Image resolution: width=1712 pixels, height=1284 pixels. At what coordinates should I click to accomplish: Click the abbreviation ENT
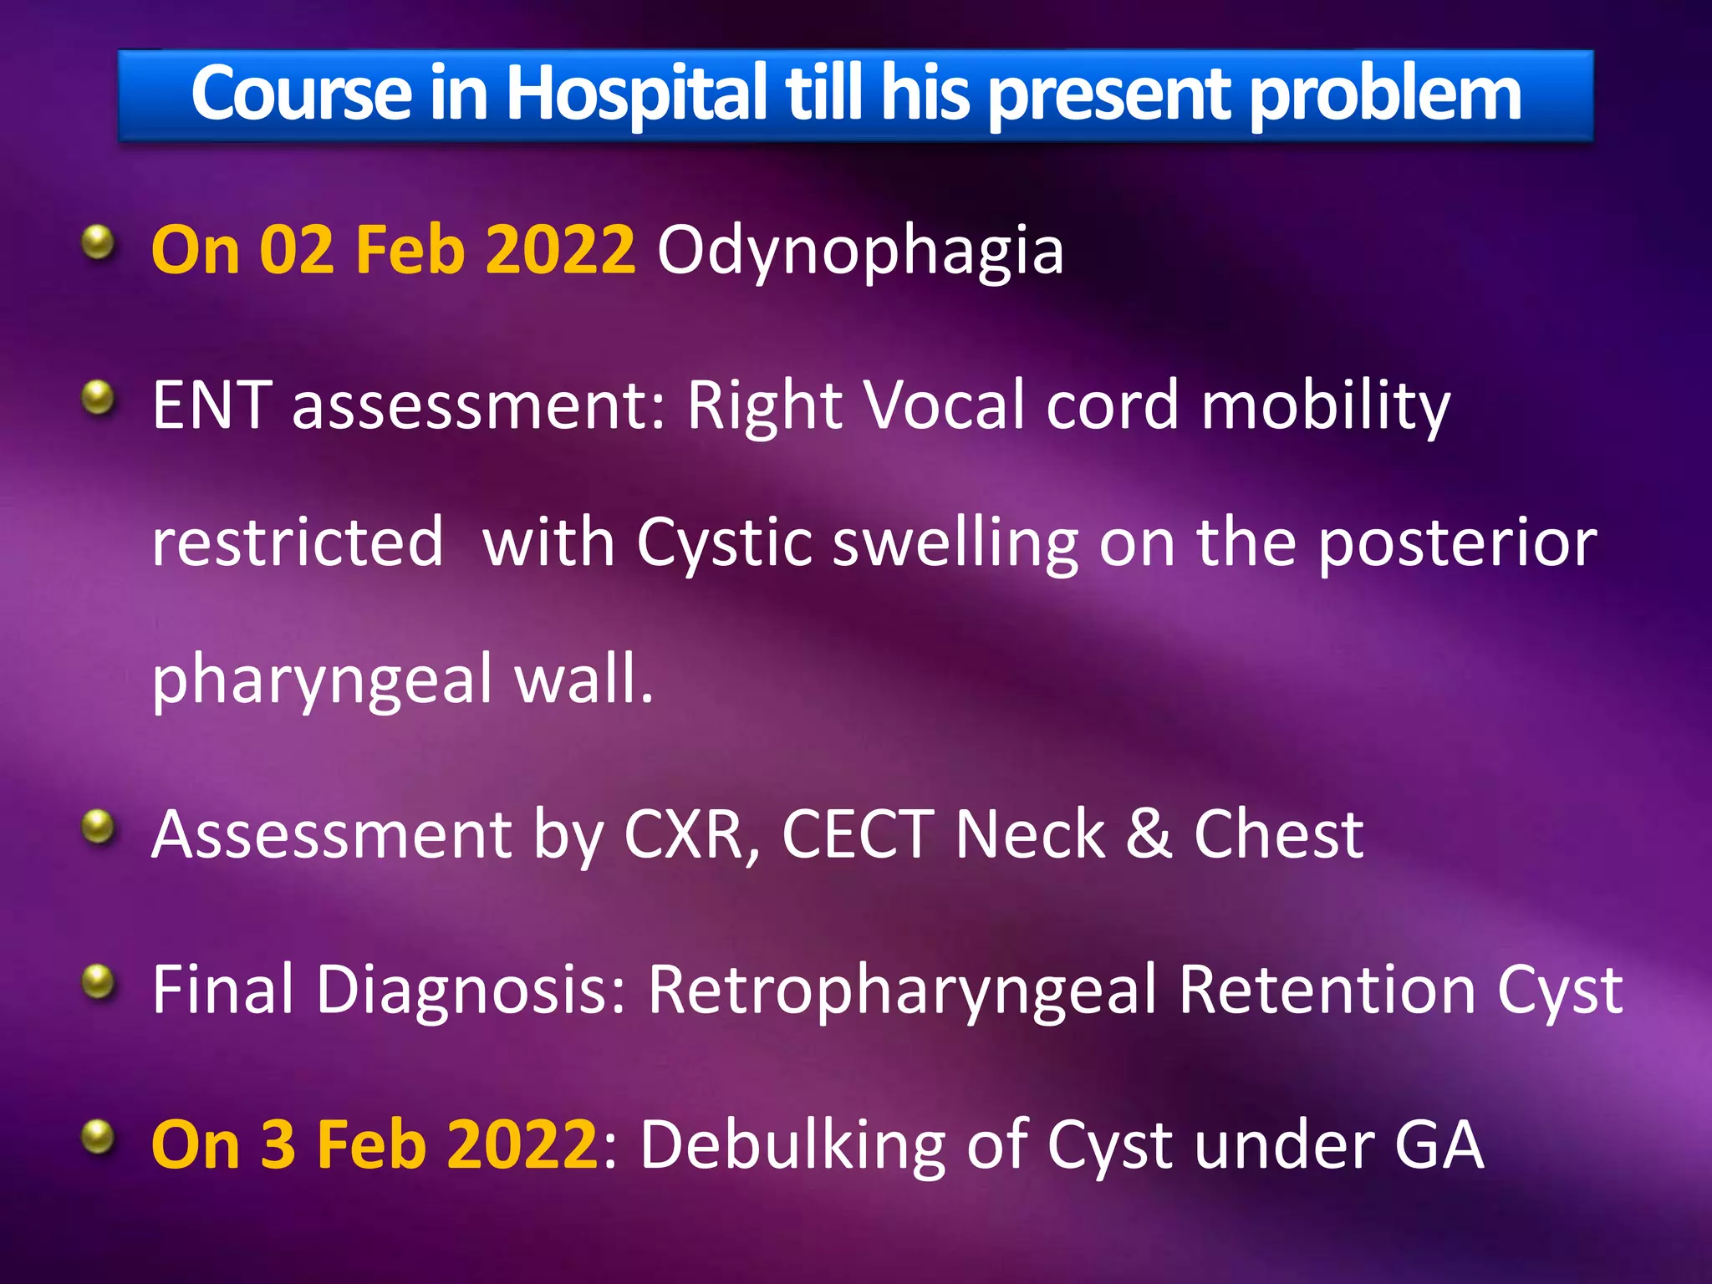click(211, 405)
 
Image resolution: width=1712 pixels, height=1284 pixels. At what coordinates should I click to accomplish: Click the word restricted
click(298, 543)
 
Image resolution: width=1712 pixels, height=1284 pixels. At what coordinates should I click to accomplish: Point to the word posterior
click(1457, 543)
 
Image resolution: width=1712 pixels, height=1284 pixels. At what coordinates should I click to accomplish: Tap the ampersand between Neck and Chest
click(1148, 833)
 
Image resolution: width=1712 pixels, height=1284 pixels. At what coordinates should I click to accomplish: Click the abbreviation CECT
click(858, 833)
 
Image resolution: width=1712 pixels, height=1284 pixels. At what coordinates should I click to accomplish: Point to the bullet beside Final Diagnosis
click(99, 981)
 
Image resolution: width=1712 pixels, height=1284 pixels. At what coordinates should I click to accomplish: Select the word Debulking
click(792, 1144)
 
